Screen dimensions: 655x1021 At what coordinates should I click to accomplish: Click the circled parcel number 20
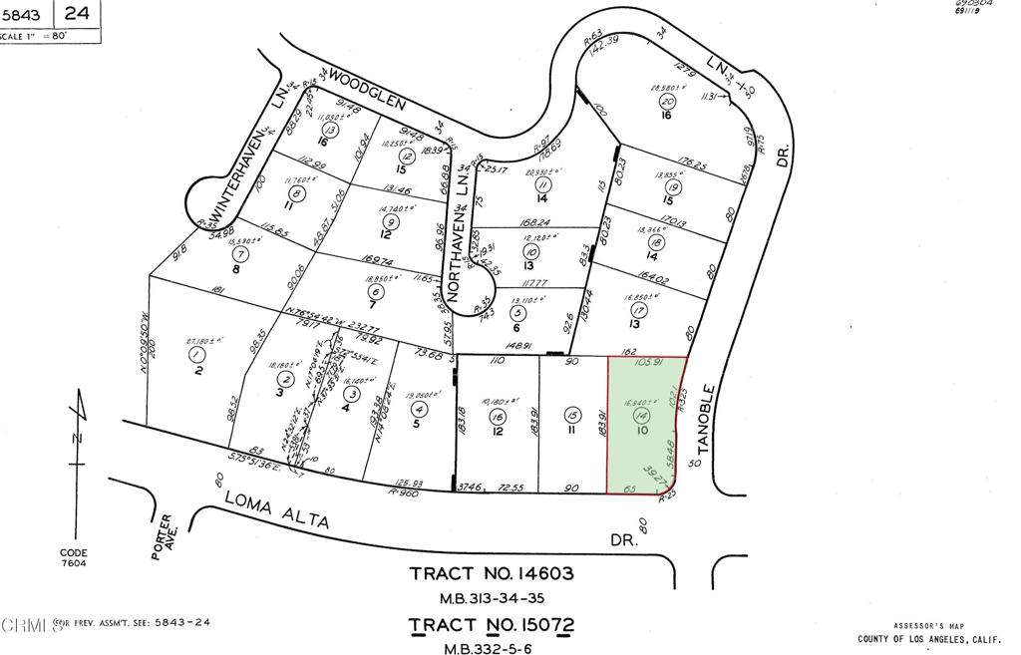(668, 102)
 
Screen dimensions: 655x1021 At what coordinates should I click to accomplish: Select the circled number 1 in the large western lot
(196, 354)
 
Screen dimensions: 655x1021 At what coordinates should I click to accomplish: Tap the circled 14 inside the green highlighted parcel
(642, 415)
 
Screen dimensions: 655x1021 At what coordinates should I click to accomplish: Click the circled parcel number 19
(674, 187)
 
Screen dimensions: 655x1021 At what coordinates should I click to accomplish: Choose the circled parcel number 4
(420, 409)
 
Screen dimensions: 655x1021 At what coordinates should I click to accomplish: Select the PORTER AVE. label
(165, 536)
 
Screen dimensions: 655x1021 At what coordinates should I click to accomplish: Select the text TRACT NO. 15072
(493, 626)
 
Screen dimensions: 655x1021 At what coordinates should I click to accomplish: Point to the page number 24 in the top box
(79, 14)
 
